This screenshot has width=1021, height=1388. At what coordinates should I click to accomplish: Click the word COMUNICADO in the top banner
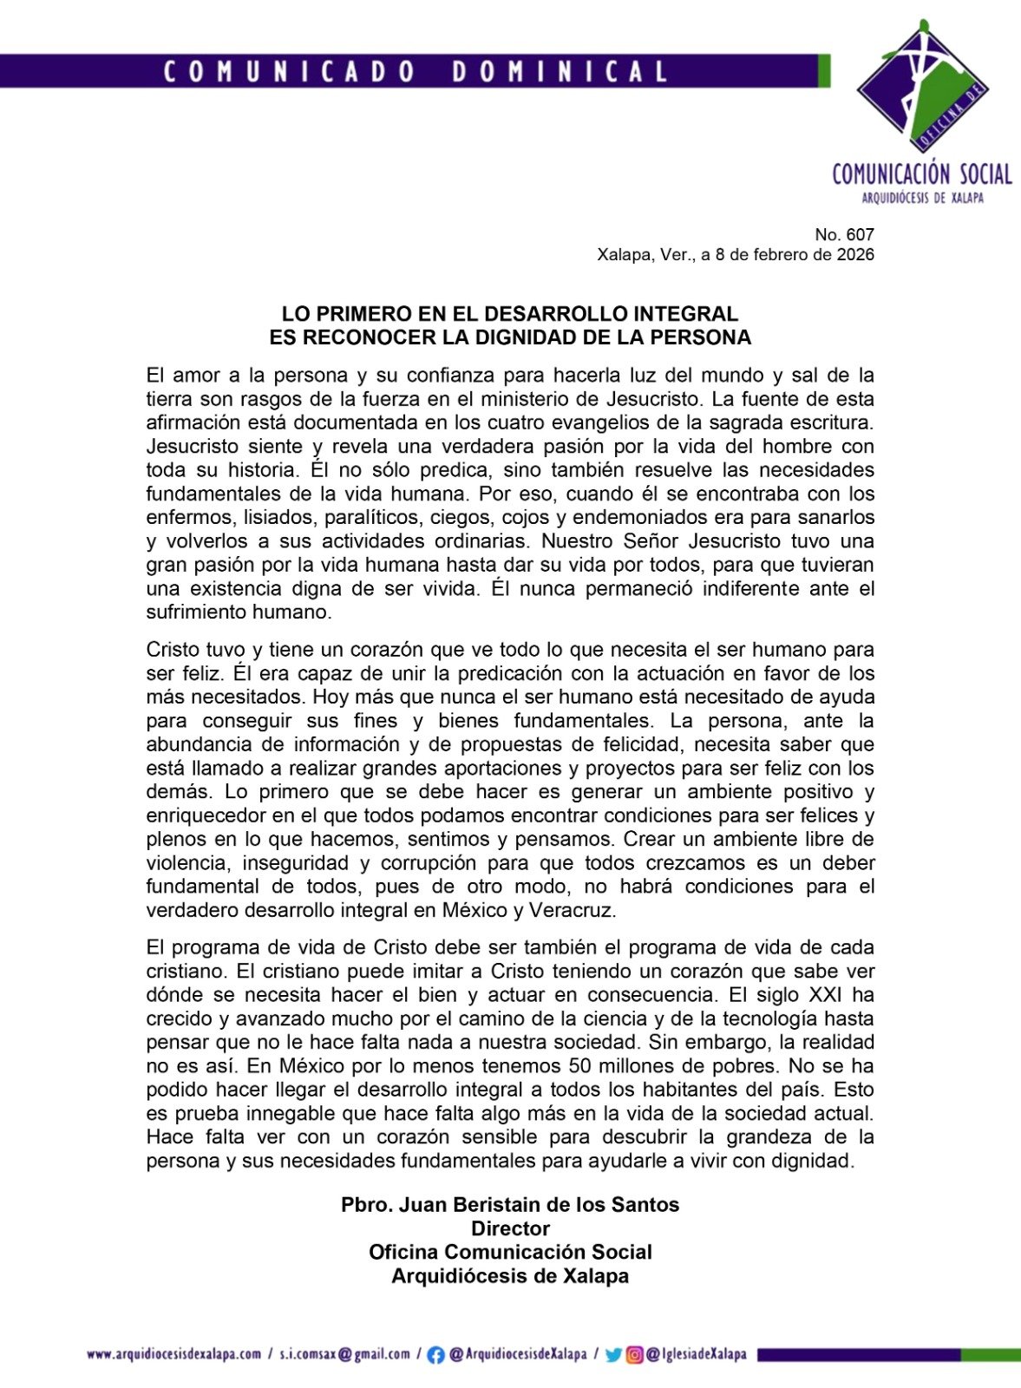tap(290, 71)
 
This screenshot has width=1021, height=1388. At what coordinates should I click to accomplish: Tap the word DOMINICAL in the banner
tap(560, 71)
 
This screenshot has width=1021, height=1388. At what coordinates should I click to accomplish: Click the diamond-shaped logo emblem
tap(923, 87)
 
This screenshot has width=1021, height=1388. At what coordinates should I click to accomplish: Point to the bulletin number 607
tap(861, 234)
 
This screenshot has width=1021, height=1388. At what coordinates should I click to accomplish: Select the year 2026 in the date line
tap(855, 255)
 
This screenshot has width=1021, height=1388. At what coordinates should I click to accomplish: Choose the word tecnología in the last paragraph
tap(772, 1019)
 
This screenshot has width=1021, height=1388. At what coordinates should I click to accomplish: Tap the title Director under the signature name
tap(510, 1228)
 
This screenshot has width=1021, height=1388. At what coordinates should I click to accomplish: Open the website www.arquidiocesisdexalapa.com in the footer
tap(173, 1354)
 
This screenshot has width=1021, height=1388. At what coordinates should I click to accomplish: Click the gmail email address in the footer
tap(344, 1354)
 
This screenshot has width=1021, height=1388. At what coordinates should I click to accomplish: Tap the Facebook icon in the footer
tap(436, 1355)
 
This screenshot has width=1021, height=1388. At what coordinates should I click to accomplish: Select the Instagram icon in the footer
tap(635, 1355)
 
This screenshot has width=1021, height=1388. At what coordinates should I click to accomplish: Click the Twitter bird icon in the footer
tap(613, 1355)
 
